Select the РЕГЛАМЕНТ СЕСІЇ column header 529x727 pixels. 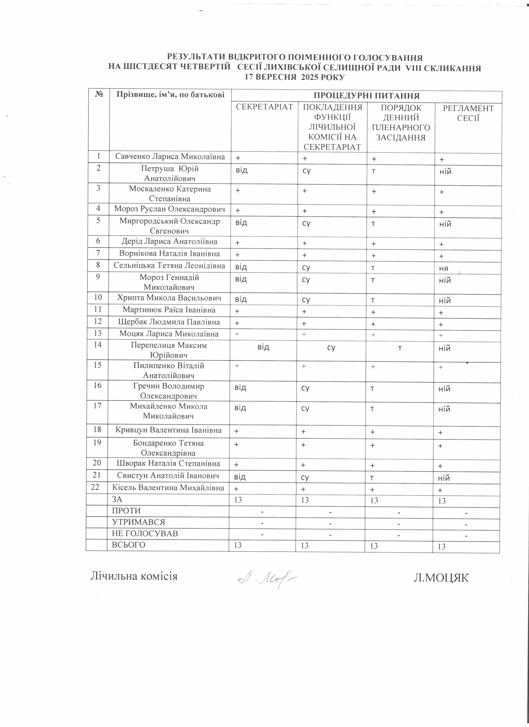pyautogui.click(x=468, y=113)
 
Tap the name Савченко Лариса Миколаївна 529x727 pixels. pyautogui.click(x=170, y=157)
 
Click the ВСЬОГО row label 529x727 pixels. pyautogui.click(x=128, y=545)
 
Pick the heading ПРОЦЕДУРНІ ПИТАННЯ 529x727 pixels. pyautogui.click(x=366, y=96)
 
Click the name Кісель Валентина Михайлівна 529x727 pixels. pyautogui.click(x=168, y=488)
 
